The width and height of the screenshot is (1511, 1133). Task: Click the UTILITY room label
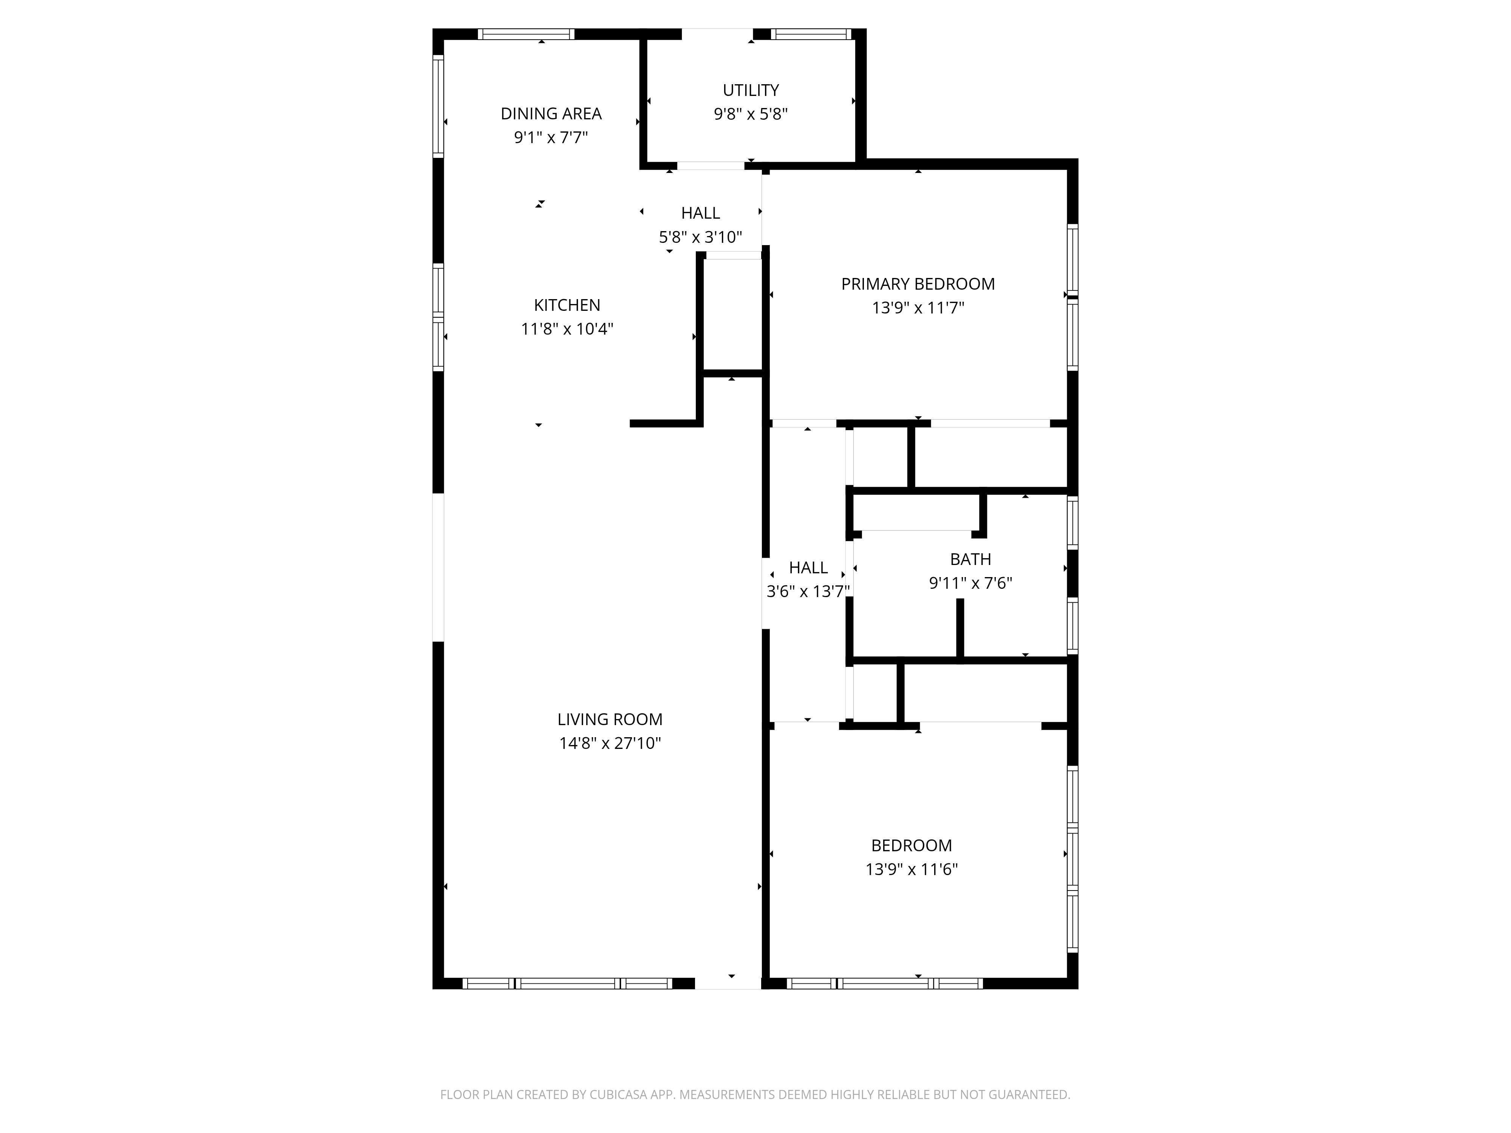751,90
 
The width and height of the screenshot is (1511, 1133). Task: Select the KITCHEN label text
567,305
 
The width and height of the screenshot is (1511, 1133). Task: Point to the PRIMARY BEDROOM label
918,284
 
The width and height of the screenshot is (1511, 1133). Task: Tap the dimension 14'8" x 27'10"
610,743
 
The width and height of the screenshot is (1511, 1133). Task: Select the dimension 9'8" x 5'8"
751,114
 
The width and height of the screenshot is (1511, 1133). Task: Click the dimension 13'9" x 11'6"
912,869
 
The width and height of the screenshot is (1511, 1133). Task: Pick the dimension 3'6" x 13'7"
808,591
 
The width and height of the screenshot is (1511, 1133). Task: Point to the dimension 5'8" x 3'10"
700,237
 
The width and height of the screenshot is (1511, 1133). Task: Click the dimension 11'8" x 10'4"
567,329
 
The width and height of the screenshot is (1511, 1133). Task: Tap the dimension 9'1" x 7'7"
551,137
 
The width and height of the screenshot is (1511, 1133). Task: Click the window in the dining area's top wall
526,34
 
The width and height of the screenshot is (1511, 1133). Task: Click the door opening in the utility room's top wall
717,34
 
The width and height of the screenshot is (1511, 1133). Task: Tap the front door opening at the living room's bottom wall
728,983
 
